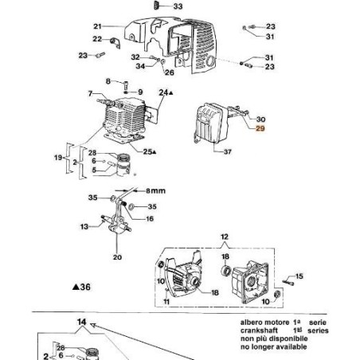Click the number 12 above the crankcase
[x=224, y=237]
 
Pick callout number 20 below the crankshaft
[x=117, y=257]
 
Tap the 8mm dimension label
[x=154, y=190]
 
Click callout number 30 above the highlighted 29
[x=260, y=117]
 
